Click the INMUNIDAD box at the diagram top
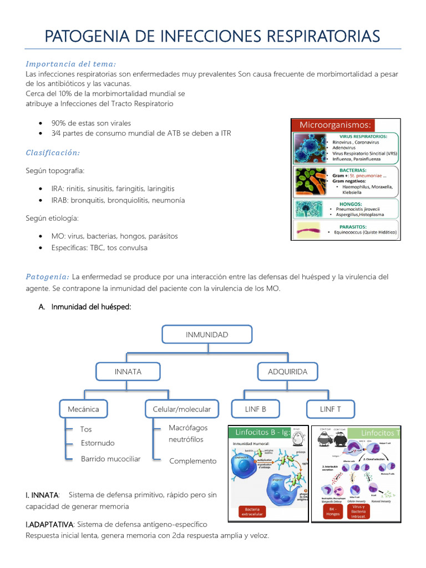[x=207, y=334]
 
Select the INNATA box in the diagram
[x=128, y=372]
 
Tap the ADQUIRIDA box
[x=287, y=372]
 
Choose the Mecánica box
[x=83, y=409]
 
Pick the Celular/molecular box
[x=182, y=409]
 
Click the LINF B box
[x=255, y=409]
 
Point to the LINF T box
[x=331, y=409]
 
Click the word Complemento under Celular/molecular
[x=192, y=461]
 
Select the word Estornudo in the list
[x=98, y=443]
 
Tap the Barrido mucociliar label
[x=110, y=459]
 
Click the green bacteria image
[x=310, y=181]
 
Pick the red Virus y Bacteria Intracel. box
[x=358, y=511]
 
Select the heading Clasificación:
[x=53, y=153]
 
